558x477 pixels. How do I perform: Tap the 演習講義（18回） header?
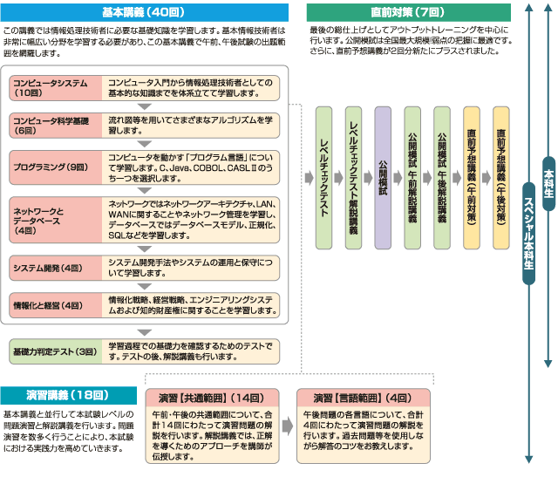click(67, 394)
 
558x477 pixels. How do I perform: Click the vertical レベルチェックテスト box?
click(324, 176)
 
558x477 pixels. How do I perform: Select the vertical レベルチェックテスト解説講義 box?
click(354, 176)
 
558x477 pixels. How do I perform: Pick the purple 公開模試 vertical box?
click(384, 176)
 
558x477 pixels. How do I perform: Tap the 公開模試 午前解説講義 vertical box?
click(413, 176)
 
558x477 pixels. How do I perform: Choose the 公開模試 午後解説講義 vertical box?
click(443, 176)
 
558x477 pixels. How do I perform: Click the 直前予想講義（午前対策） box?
click(472, 176)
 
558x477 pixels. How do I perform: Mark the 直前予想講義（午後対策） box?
click(501, 176)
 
